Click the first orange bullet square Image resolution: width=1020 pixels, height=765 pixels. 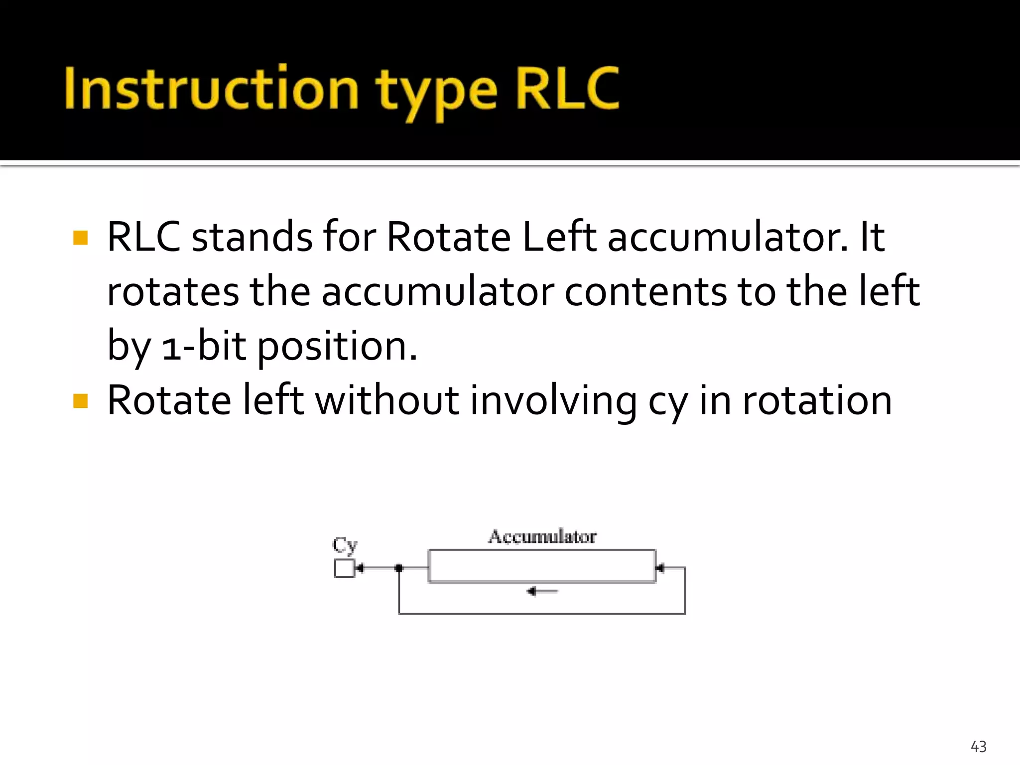80,238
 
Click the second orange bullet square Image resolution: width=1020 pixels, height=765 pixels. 80,400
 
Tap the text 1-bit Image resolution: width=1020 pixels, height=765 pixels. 204,346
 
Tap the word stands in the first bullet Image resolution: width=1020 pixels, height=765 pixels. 252,237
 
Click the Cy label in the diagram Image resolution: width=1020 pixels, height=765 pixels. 345,545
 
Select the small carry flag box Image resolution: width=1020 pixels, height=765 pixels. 344,568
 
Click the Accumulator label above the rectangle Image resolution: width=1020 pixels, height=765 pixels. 542,537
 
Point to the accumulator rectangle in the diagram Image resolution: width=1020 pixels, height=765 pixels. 542,566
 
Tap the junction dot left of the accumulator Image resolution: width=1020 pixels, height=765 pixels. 398,568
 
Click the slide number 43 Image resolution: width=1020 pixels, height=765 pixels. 978,747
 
